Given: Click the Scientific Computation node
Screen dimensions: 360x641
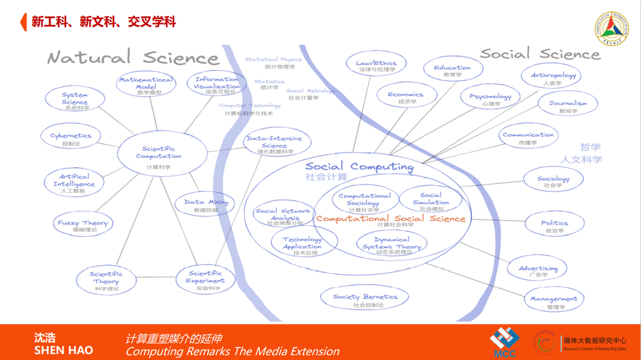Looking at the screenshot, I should click(x=158, y=155).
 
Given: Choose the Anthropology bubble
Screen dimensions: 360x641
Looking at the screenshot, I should click(x=553, y=77).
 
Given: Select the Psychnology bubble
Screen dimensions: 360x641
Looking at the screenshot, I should click(x=490, y=98).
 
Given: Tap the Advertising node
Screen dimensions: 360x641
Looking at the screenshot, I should click(x=538, y=270).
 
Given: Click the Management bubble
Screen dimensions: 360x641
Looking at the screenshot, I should click(x=553, y=301).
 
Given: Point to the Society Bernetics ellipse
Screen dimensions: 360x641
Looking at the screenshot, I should click(x=365, y=298).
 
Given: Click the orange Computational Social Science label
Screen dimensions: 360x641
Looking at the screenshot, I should click(x=391, y=219).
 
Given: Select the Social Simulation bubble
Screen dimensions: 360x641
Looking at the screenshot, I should click(x=431, y=200).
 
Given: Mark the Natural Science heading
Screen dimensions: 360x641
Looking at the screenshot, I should click(x=134, y=58).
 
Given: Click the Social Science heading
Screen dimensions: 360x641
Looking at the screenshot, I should click(x=540, y=53).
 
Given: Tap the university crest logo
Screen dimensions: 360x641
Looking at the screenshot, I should click(x=611, y=29).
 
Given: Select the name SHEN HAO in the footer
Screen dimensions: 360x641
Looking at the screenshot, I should click(x=64, y=350).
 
